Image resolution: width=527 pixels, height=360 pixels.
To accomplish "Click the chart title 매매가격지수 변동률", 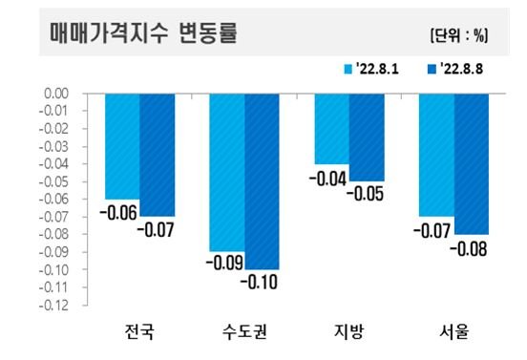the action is click(143, 32).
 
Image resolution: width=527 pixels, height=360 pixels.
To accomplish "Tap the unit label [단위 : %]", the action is click(459, 35).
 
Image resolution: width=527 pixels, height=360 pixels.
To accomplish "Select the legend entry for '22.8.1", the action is click(371, 69).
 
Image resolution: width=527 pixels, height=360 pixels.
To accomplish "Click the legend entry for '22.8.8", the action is click(455, 69).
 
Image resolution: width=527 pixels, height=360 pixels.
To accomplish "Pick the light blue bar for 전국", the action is click(122, 146).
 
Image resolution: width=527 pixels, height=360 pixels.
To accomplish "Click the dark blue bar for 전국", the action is click(158, 155).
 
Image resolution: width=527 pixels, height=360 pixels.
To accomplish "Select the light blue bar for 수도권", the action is click(227, 173).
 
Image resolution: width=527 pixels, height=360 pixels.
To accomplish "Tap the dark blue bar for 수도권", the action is click(262, 181).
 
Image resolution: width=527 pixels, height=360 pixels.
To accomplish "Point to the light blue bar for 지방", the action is click(332, 129).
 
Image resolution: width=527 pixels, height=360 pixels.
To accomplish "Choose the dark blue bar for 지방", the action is click(367, 138).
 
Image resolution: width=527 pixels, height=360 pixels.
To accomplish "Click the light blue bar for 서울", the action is click(437, 155).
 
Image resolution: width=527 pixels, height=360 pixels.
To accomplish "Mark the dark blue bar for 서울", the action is click(472, 164).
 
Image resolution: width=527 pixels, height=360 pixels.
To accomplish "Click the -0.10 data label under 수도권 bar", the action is click(259, 282).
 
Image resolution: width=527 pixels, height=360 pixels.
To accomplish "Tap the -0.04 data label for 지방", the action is click(327, 179).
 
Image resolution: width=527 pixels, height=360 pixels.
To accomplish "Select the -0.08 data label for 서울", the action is click(469, 249).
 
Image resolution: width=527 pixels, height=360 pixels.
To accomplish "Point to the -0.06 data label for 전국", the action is click(118, 212).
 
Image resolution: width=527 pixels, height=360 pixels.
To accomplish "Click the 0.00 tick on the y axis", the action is click(56, 94).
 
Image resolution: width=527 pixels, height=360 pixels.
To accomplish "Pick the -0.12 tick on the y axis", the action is click(53, 306).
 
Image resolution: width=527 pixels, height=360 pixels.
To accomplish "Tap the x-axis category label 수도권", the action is click(244, 331).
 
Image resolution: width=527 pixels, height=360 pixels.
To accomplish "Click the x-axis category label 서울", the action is click(454, 331).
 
